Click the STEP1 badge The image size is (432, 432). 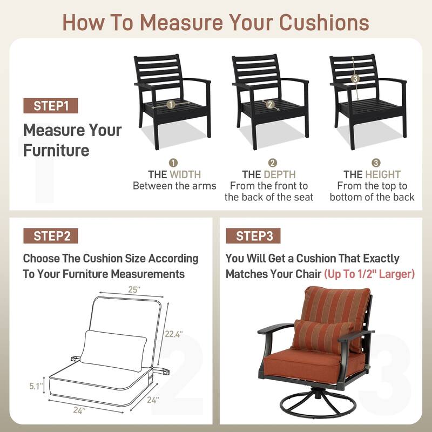(51, 106)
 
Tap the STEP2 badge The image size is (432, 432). (51, 236)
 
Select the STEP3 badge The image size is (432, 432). (253, 236)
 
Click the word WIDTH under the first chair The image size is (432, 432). (185, 174)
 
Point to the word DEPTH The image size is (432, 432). (280, 174)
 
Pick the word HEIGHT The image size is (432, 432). (383, 174)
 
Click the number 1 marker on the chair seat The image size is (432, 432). (171, 105)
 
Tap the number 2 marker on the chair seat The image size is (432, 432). (270, 104)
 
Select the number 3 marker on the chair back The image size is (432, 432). (355, 78)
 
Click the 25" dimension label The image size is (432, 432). (134, 290)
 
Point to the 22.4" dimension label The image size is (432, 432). (173, 334)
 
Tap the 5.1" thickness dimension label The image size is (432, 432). (36, 386)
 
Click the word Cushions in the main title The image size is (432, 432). (325, 23)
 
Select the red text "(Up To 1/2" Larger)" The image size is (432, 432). (369, 274)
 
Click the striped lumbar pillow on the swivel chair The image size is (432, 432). (322, 336)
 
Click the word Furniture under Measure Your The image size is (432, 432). (56, 151)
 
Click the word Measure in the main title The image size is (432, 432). (182, 23)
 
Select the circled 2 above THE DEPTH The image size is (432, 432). (273, 163)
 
